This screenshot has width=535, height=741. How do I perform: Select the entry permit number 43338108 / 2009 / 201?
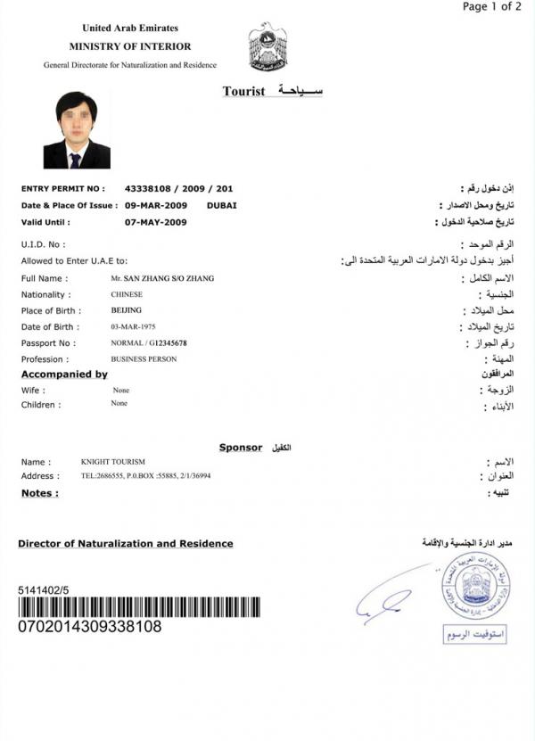(x=179, y=189)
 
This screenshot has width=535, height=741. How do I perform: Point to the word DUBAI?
(x=222, y=205)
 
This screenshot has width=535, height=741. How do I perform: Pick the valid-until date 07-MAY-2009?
(x=156, y=222)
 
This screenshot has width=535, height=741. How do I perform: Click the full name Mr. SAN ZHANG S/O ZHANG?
(x=157, y=278)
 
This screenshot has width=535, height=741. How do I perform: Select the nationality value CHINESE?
(x=126, y=294)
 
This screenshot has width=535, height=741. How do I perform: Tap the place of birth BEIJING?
(x=126, y=310)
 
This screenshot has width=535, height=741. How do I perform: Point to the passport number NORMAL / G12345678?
(x=149, y=343)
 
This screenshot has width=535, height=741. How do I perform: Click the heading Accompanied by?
(x=64, y=375)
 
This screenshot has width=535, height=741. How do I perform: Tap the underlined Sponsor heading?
(x=241, y=447)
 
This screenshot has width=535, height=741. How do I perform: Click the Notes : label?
(x=40, y=492)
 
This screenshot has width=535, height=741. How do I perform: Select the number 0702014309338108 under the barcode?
(x=89, y=627)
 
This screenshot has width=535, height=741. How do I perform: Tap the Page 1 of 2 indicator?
(x=492, y=7)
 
